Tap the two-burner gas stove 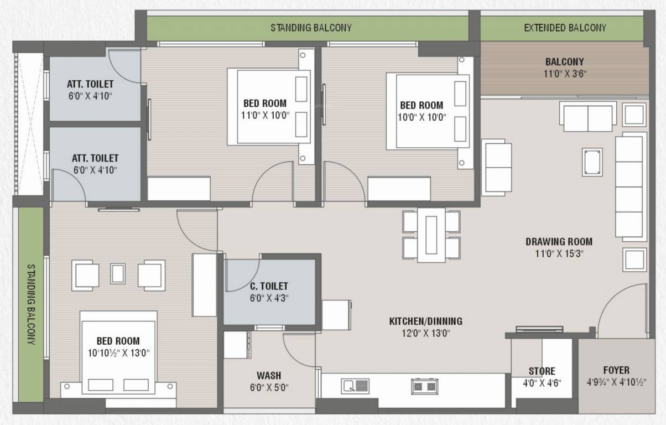click(x=424, y=386)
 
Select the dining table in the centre click(x=431, y=235)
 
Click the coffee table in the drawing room click(x=592, y=162)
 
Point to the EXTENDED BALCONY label click(x=565, y=28)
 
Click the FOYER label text click(x=616, y=370)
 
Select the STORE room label click(x=542, y=371)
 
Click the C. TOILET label click(x=269, y=286)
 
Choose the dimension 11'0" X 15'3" click(x=559, y=253)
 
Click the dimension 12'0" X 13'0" click(x=425, y=333)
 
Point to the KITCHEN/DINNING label click(x=425, y=321)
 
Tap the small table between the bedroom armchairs click(x=118, y=273)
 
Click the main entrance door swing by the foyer click(x=622, y=310)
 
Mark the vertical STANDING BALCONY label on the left click(x=31, y=304)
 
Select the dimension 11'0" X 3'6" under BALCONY click(x=564, y=74)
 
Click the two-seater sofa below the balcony click(x=587, y=116)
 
